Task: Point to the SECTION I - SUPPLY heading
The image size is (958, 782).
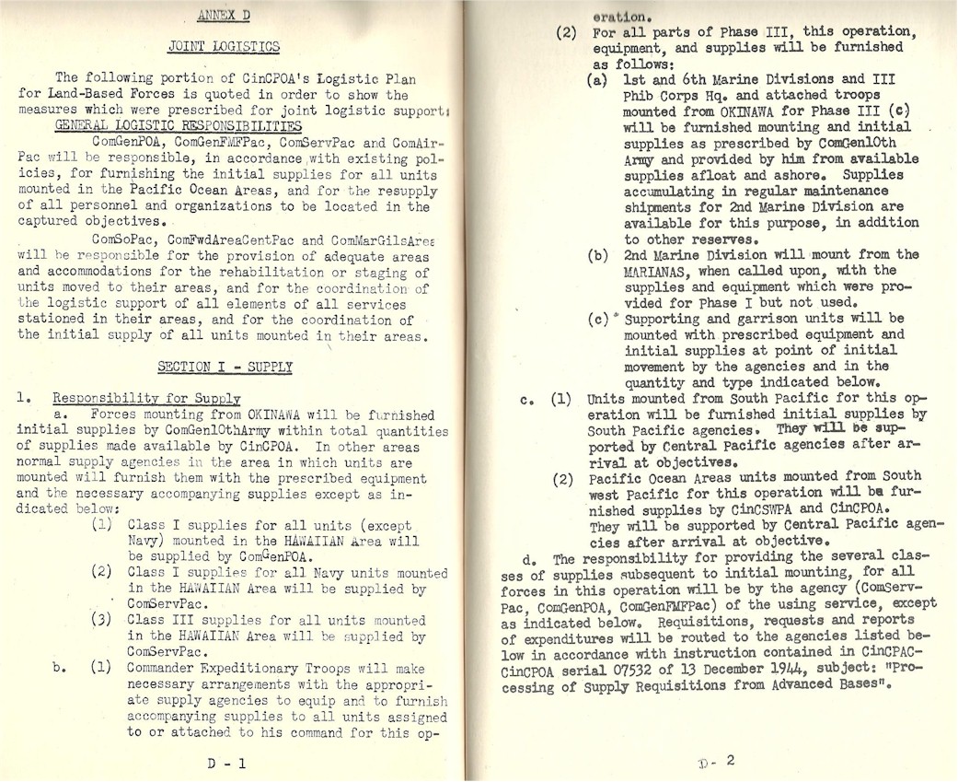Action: point(225,367)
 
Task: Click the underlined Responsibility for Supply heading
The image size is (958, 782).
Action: point(147,398)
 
